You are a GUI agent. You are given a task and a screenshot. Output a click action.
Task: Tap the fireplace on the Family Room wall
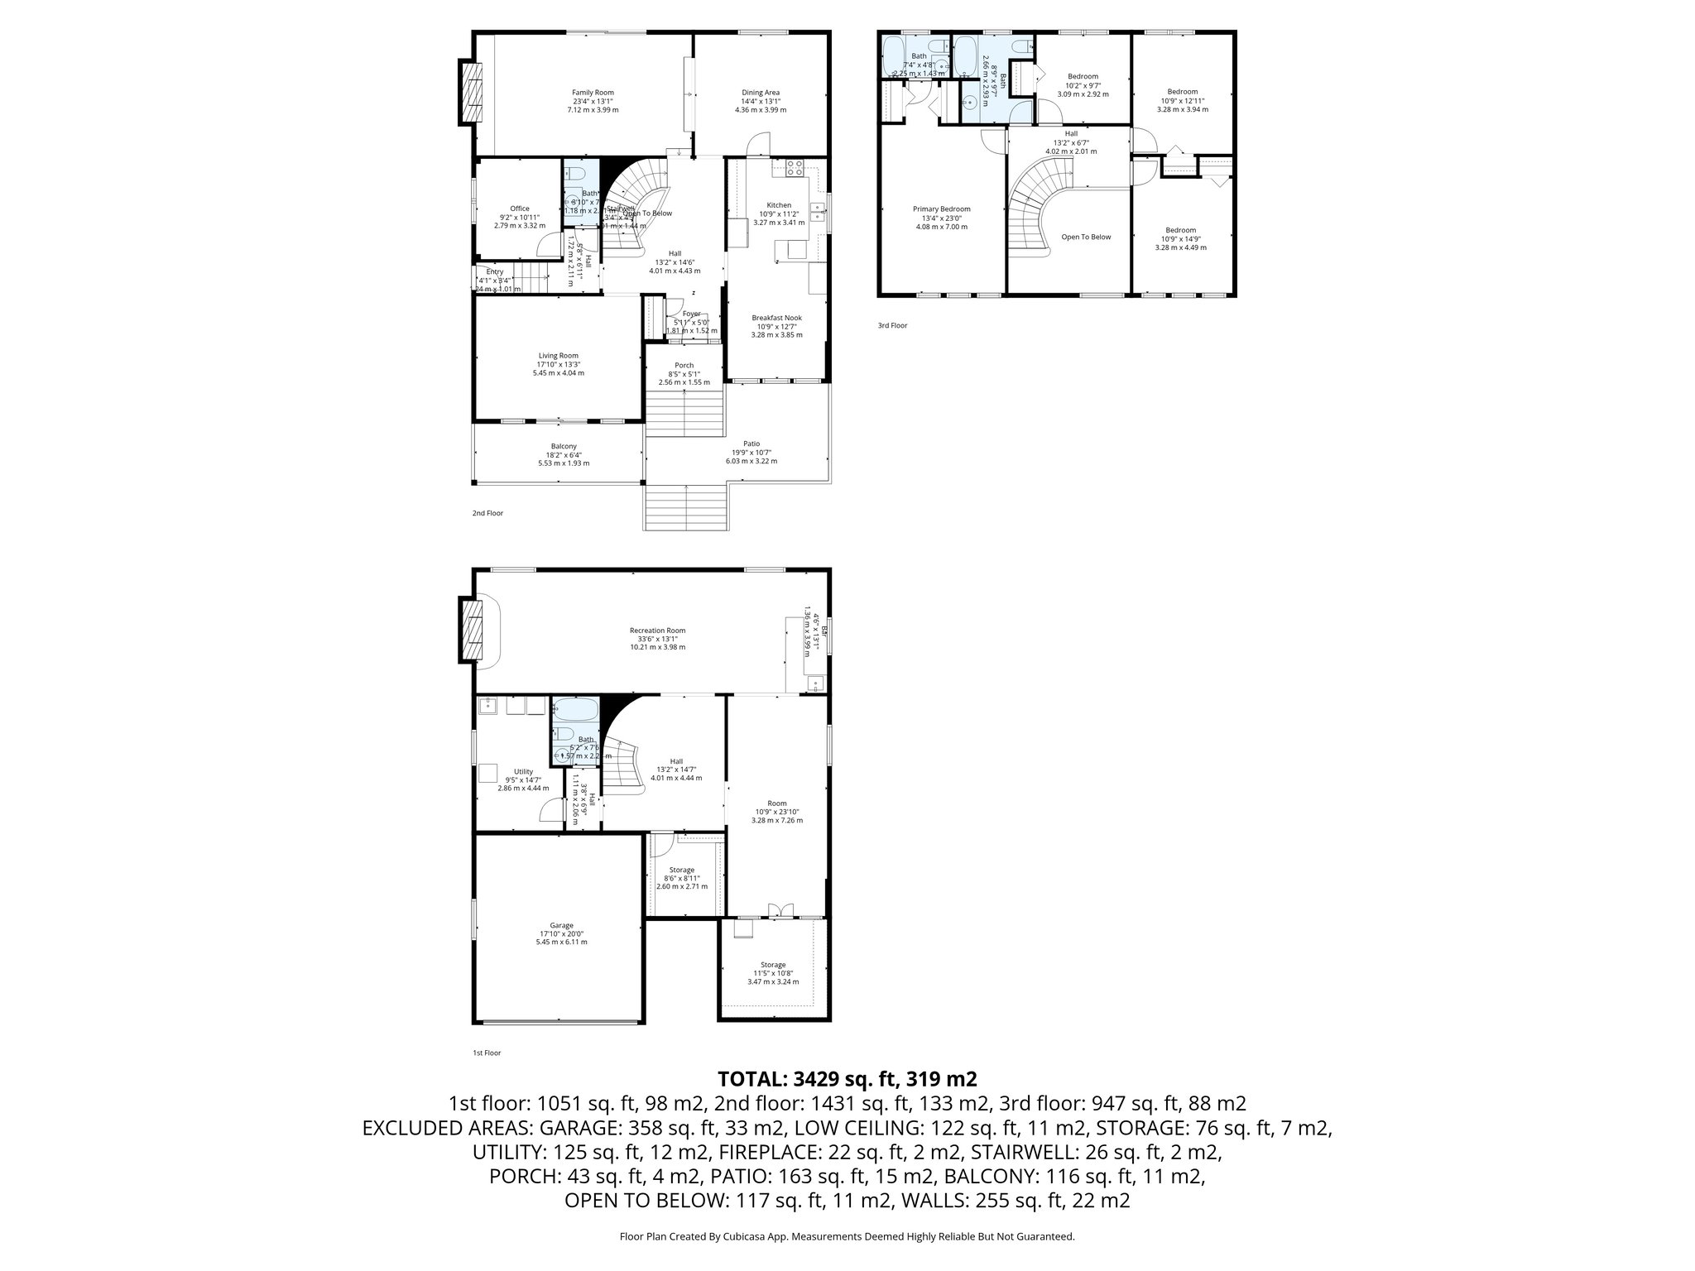471,93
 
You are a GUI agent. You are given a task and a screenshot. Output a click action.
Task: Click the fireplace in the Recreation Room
473,631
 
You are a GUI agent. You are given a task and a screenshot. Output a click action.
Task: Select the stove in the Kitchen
795,168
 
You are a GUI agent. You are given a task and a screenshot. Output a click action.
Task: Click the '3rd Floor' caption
892,326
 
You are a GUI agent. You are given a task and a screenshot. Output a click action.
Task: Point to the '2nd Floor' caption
487,514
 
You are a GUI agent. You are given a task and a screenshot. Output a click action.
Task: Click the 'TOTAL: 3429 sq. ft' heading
847,1079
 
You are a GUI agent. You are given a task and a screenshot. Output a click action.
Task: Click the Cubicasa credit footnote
847,1237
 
